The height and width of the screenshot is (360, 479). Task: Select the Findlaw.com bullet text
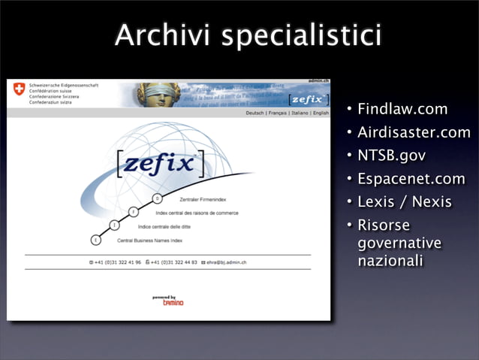[x=402, y=109]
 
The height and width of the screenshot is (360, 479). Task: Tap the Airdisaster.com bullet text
[x=414, y=132]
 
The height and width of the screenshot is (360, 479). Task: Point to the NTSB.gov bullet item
[x=391, y=156]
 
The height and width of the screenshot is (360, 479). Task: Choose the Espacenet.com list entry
[x=411, y=179]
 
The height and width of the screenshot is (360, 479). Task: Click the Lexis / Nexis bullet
[x=404, y=202]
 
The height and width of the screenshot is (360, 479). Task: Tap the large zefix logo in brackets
[x=161, y=162]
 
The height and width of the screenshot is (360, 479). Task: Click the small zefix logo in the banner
[x=308, y=98]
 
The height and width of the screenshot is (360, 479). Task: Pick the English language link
[x=321, y=113]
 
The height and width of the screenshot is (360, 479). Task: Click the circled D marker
[x=157, y=198]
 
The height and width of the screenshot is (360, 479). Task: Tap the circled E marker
[x=95, y=240]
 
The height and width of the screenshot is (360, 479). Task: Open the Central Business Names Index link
[x=151, y=241]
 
